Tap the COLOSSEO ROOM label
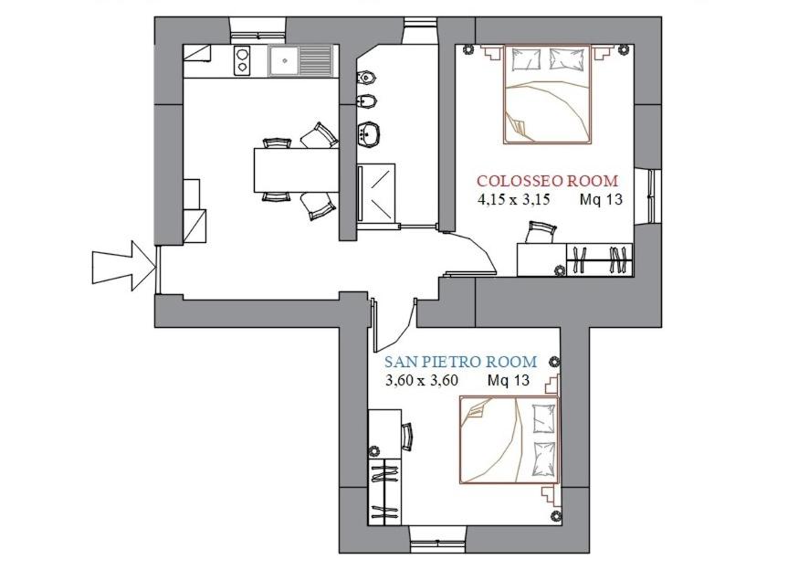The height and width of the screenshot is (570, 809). (548, 181)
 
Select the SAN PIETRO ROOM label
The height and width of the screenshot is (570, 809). (461, 362)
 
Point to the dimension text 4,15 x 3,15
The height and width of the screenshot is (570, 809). (514, 199)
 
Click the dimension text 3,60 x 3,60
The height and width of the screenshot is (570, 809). (422, 381)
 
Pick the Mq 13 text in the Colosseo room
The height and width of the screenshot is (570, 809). (601, 199)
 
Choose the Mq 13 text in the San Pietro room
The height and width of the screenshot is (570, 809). (509, 381)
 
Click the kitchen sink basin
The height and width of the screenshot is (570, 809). (283, 60)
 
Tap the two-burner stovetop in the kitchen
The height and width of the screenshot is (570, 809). (242, 60)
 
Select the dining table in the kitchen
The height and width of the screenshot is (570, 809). (296, 170)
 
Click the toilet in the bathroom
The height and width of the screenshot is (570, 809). (367, 78)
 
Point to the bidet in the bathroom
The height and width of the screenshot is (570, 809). (367, 101)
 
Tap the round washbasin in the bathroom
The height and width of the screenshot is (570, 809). (368, 133)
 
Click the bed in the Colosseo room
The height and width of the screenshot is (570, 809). (548, 94)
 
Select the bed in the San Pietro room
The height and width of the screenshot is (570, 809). (510, 440)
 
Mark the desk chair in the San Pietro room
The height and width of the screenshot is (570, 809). (407, 438)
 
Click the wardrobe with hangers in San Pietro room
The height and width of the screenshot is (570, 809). (385, 491)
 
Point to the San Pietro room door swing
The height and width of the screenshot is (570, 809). (396, 326)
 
